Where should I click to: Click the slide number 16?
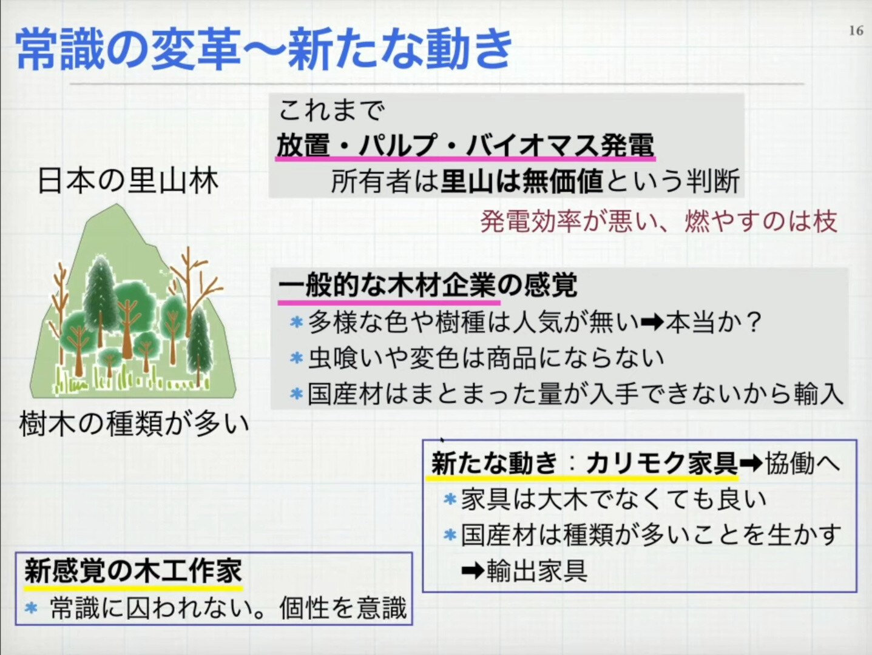[856, 30]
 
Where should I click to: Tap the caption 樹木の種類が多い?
[134, 425]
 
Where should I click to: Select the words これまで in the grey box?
[332, 110]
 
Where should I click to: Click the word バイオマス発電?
[560, 144]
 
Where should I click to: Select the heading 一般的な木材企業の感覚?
[427, 284]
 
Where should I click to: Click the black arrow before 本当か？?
[652, 322]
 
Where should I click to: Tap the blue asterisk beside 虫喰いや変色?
[296, 358]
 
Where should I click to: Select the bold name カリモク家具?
[662, 463]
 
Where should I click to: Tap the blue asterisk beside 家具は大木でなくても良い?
[450, 499]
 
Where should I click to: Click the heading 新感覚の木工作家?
[133, 571]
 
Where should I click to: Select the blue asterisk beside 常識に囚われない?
[31, 608]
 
